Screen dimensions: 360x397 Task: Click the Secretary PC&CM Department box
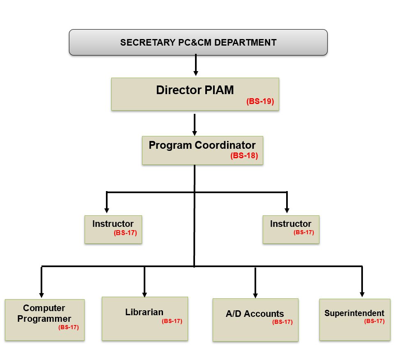coord(198,42)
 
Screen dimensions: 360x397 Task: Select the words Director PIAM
coord(195,90)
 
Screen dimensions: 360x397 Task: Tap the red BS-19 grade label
coord(260,102)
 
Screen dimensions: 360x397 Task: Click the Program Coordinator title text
coord(202,145)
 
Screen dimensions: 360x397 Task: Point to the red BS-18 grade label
coord(244,156)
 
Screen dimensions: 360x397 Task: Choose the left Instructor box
coord(113,229)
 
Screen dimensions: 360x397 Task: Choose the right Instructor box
coord(291,229)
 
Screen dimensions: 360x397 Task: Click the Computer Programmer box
coord(44,320)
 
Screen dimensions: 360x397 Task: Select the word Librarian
coord(144,312)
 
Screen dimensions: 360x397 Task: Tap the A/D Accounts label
coord(255,314)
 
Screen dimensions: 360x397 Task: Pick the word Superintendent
coord(354,313)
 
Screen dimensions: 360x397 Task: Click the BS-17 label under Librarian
coord(172,321)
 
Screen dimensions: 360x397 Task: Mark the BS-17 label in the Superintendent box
coord(374,321)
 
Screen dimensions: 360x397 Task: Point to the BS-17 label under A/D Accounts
coord(282,322)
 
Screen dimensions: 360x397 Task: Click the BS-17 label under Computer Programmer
coord(68,328)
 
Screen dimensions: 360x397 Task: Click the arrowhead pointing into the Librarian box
coord(145,294)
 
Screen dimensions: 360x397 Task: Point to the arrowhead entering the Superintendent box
coord(362,294)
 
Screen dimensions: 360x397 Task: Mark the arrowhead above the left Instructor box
coord(107,210)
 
